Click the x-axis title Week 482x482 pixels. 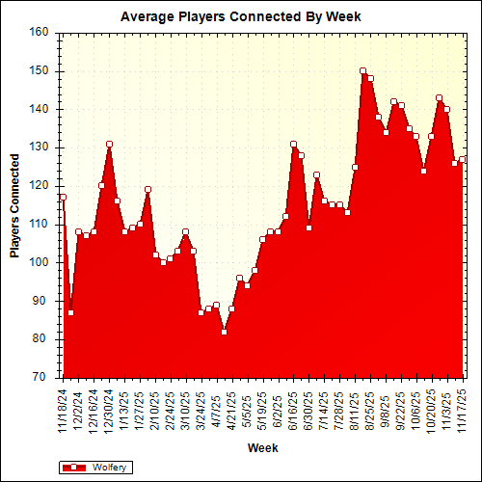click(262, 448)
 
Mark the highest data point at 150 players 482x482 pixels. click(362, 70)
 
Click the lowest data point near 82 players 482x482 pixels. click(224, 332)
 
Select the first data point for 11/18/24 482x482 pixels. click(63, 197)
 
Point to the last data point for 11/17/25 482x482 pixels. click(462, 159)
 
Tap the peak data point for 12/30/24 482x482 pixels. click(109, 144)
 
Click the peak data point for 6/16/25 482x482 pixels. click(293, 144)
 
